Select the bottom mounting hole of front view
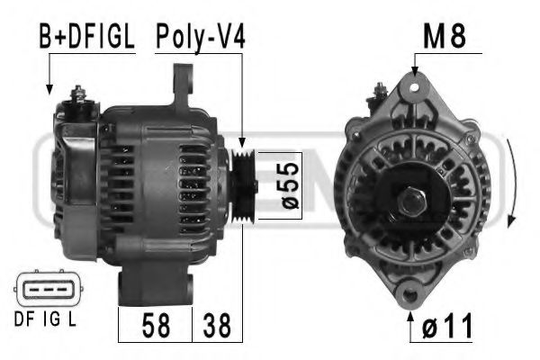413,292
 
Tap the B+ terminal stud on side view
78,94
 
